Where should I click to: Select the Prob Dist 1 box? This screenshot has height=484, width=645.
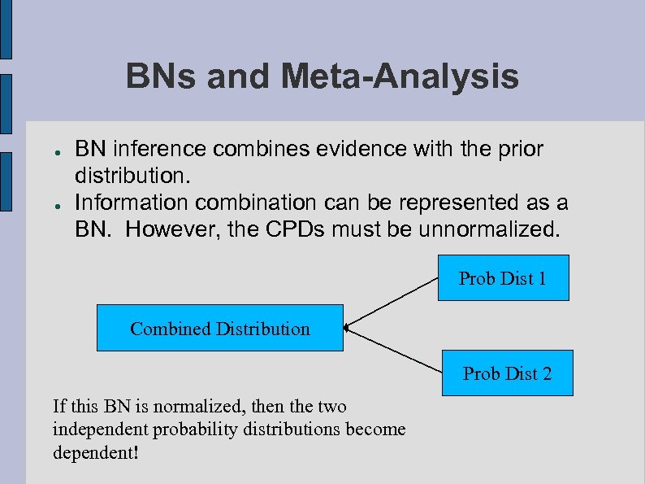[502, 278]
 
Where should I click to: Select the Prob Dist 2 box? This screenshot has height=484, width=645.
[507, 373]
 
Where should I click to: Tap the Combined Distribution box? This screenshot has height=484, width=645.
[219, 329]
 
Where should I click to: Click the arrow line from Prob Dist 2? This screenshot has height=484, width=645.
[393, 351]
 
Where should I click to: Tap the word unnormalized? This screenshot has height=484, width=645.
[489, 229]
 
